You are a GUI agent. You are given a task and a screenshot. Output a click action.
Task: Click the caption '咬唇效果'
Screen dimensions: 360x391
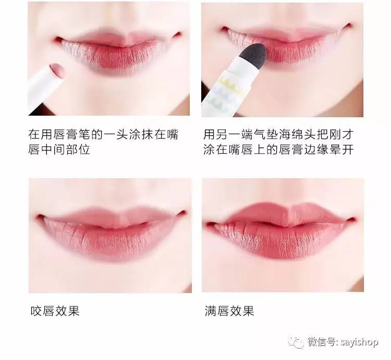[x=55, y=312]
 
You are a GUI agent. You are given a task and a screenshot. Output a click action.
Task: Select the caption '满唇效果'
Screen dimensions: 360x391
[x=229, y=312]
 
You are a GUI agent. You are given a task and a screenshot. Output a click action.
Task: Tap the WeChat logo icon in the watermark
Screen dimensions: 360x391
[x=298, y=342]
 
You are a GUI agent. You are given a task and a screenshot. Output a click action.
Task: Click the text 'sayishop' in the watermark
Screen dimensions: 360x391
[x=360, y=342]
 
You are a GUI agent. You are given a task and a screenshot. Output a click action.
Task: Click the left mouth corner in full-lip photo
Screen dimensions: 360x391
[x=210, y=225]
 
